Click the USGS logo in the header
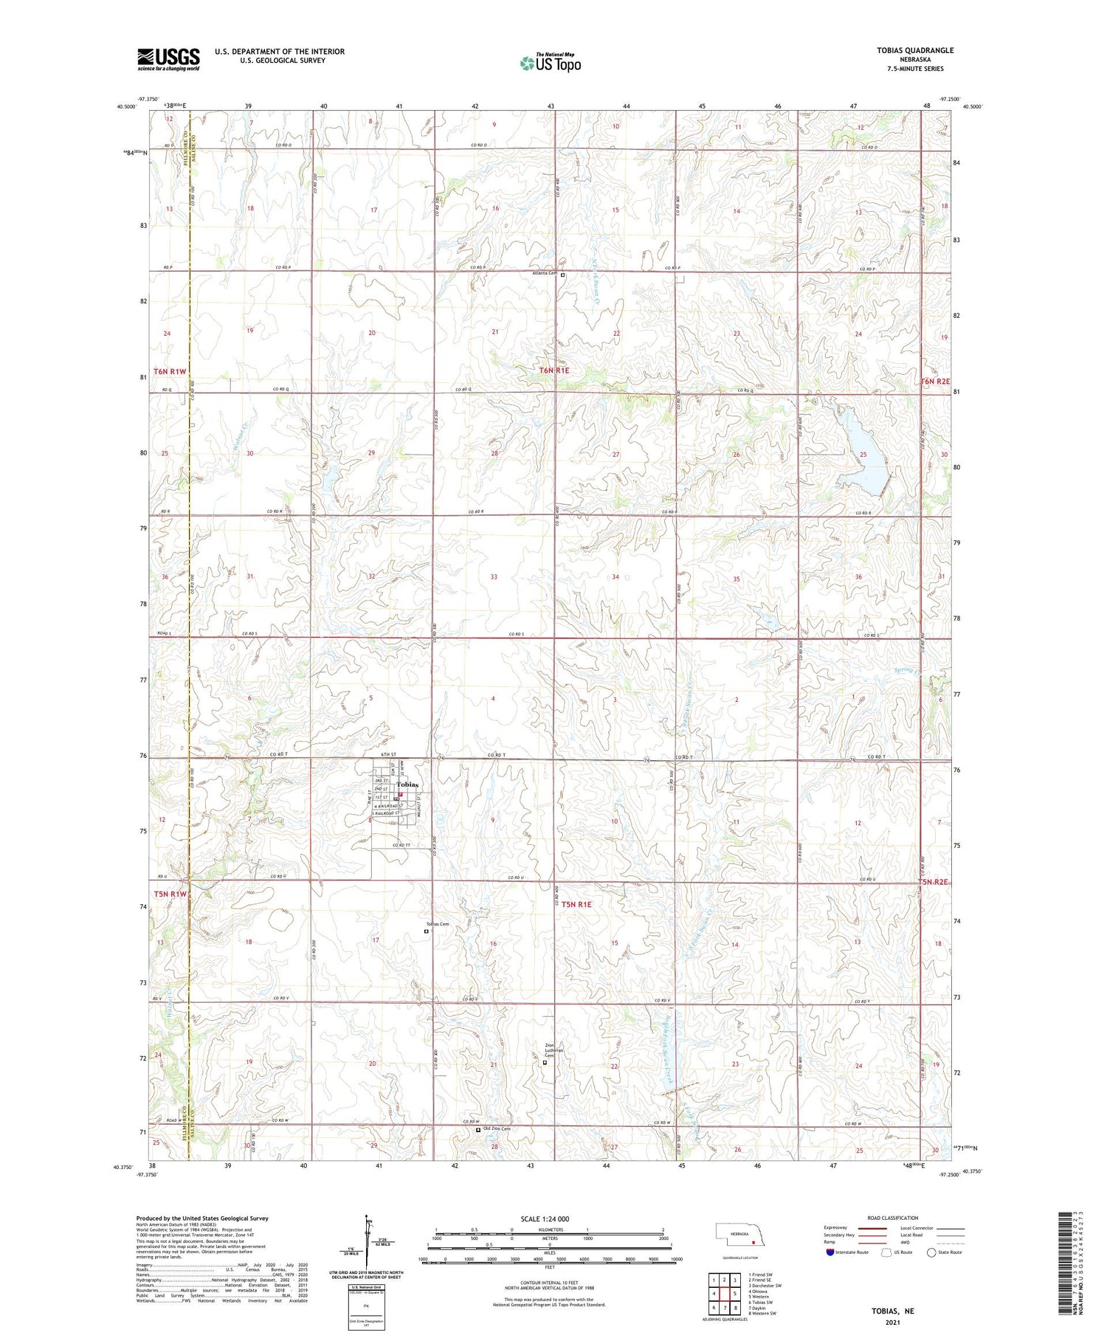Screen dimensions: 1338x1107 pyautogui.click(x=168, y=59)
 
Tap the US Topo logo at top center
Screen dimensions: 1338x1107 pyautogui.click(x=550, y=63)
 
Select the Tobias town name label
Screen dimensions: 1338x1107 pyautogui.click(x=407, y=784)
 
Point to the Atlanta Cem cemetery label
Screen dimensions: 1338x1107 pyautogui.click(x=545, y=273)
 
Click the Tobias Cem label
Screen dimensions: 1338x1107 pyautogui.click(x=437, y=924)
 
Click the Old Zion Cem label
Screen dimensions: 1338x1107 pyautogui.click(x=496, y=1129)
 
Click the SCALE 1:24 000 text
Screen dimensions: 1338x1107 pyautogui.click(x=549, y=1218)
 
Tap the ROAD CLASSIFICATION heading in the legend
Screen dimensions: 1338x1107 pyautogui.click(x=892, y=1218)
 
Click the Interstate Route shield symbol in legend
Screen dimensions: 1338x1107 pyautogui.click(x=830, y=1252)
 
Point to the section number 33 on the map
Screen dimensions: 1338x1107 pyautogui.click(x=493, y=576)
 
